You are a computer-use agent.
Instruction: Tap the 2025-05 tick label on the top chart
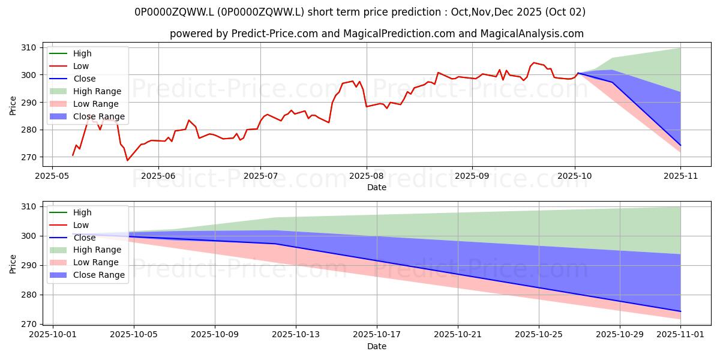tap(52, 176)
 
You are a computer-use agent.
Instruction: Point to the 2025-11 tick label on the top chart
tap(680, 176)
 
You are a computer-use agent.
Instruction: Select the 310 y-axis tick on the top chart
tap(28, 47)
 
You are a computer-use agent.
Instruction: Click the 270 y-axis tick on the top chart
tap(28, 157)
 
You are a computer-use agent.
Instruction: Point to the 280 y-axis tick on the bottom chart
tap(28, 295)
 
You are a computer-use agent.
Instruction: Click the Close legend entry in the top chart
tap(85, 79)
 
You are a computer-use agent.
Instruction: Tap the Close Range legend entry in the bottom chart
tap(100, 275)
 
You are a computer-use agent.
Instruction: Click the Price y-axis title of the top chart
tap(13, 105)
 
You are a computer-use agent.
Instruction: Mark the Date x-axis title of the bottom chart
tap(376, 347)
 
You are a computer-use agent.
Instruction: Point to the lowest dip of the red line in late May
tap(127, 160)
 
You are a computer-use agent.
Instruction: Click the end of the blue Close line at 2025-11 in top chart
tap(680, 145)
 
